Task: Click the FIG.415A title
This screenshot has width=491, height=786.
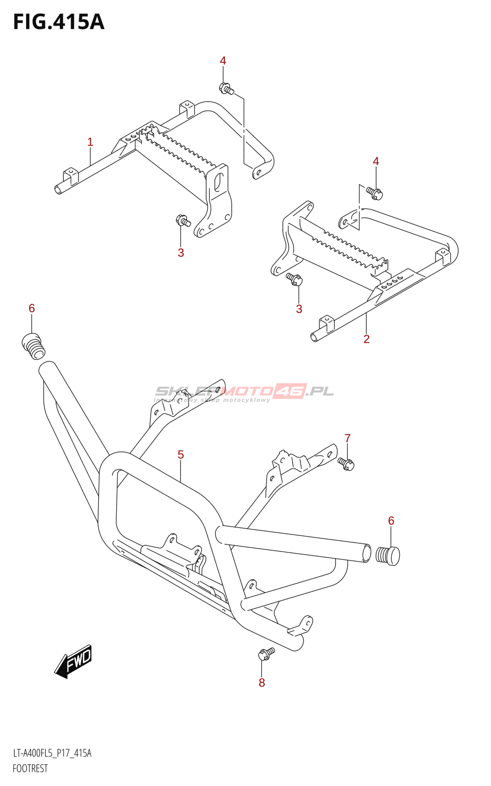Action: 59,22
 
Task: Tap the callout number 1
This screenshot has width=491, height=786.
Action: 90,142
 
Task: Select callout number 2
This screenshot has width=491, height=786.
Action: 366,338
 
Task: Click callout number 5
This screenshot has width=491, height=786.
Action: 181,455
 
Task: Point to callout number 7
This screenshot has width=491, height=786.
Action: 348,438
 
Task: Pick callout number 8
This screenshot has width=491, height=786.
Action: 262,682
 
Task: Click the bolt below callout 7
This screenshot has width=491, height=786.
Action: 347,463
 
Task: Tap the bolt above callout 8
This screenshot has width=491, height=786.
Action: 266,654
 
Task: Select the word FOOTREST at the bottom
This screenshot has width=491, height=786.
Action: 30,769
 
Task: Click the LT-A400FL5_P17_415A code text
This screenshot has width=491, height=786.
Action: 52,753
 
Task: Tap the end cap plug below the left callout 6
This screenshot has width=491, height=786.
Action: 33,346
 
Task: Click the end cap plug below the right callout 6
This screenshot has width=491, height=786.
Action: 388,555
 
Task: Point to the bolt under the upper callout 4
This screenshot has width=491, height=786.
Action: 226,89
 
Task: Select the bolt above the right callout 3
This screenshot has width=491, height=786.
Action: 295,279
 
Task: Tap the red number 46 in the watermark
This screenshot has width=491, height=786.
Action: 290,391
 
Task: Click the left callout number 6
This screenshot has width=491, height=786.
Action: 32,309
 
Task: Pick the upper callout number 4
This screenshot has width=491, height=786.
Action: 223,61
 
